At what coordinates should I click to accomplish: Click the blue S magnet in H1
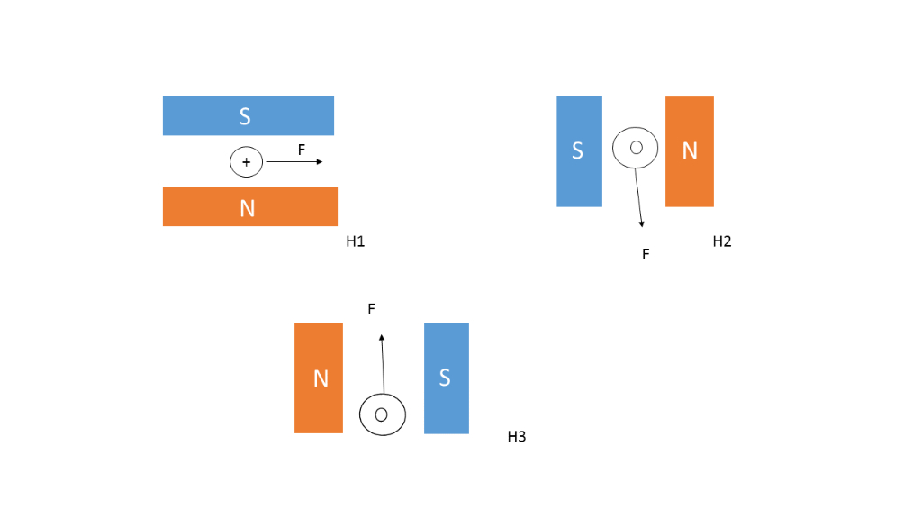pyautogui.click(x=248, y=115)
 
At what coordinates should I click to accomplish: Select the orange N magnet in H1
pyautogui.click(x=249, y=206)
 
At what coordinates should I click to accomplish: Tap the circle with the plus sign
pyautogui.click(x=246, y=162)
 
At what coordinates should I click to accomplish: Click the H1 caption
pyautogui.click(x=356, y=241)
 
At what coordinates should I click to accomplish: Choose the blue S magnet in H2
pyautogui.click(x=579, y=151)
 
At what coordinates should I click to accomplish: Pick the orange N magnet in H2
pyautogui.click(x=690, y=151)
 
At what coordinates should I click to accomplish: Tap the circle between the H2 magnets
pyautogui.click(x=636, y=148)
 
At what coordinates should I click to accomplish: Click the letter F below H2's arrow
pyautogui.click(x=646, y=255)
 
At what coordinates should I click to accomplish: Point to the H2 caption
pyautogui.click(x=722, y=241)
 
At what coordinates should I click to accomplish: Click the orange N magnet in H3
pyautogui.click(x=319, y=378)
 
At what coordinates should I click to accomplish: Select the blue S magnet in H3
pyautogui.click(x=446, y=378)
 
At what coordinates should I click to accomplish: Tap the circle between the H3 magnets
pyautogui.click(x=383, y=414)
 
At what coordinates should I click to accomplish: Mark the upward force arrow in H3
pyautogui.click(x=383, y=365)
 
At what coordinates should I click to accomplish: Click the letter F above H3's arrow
pyautogui.click(x=371, y=309)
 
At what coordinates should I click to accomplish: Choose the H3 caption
pyautogui.click(x=517, y=437)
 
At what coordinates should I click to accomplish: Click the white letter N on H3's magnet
pyautogui.click(x=320, y=378)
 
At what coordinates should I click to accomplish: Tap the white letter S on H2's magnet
pyautogui.click(x=578, y=151)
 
